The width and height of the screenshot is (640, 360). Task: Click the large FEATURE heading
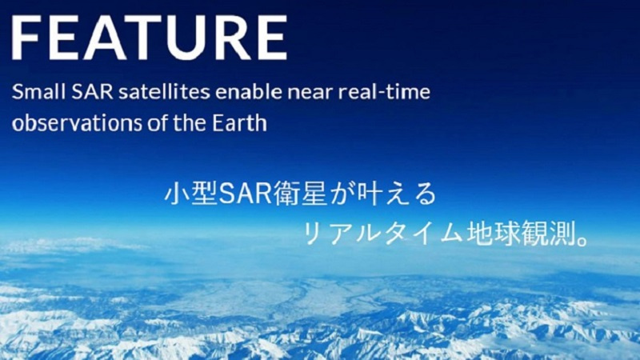coord(150,38)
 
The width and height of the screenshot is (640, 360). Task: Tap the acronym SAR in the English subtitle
coord(92,91)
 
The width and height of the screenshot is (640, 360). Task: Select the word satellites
coord(164,91)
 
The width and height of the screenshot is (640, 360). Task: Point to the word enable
coord(249,91)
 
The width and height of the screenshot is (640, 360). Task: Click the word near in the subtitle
coord(310,93)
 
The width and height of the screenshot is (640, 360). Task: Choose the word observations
coord(77,123)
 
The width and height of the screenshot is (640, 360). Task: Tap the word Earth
coord(240,123)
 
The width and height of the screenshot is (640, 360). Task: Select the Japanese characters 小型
coord(191,194)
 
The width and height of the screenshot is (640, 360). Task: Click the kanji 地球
coord(493,233)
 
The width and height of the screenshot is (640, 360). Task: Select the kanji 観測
coord(548,233)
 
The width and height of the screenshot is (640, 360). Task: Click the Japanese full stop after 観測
coord(583,241)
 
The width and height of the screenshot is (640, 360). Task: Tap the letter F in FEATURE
coord(26,38)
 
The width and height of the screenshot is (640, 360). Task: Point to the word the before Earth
coord(190,123)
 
